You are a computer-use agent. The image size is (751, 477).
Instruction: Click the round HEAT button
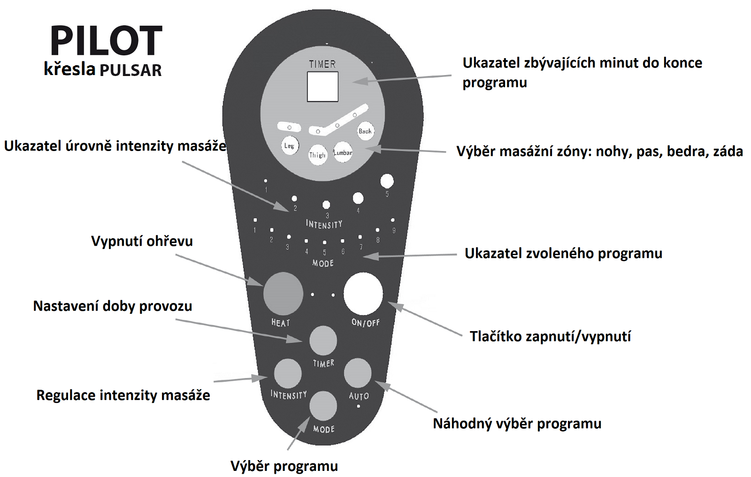(283, 294)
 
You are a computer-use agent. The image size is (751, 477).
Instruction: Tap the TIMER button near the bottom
(323, 341)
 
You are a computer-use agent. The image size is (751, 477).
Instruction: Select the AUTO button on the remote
(358, 373)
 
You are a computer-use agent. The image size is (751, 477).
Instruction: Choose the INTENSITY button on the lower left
(288, 373)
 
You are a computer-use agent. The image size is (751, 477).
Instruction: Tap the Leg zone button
(289, 146)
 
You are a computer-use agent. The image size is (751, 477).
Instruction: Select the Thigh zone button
(317, 155)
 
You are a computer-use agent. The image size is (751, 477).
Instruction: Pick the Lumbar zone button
(343, 153)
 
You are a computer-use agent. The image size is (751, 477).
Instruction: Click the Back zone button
(365, 131)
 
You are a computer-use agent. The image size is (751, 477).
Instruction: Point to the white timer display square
(322, 86)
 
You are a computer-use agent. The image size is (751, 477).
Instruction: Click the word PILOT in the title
(106, 40)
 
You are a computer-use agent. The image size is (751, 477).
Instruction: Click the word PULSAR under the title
(130, 70)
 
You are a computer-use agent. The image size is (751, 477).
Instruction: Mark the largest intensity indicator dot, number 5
(387, 181)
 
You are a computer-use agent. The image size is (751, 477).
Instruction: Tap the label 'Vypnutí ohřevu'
(142, 241)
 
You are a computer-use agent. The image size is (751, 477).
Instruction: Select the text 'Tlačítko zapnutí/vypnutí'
(550, 336)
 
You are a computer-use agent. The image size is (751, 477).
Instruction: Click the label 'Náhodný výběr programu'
(517, 424)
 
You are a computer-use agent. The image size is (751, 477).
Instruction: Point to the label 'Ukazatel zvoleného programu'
(563, 254)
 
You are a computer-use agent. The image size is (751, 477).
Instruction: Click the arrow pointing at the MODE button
(299, 433)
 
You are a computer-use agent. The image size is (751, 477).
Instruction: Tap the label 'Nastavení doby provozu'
(113, 306)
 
